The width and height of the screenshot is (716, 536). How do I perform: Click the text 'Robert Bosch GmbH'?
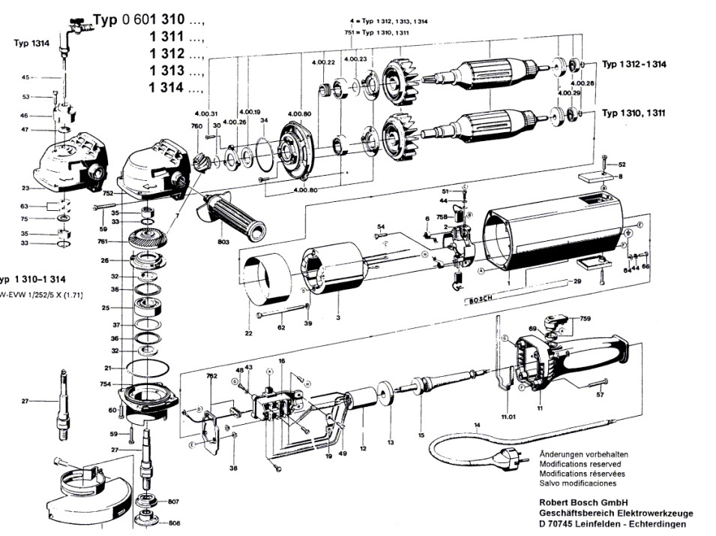[583, 502]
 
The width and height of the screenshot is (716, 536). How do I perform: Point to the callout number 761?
[102, 242]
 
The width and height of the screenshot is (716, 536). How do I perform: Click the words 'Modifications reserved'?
[575, 465]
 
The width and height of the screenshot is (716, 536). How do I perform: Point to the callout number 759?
[586, 318]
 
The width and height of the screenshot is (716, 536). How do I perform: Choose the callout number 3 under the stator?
[337, 319]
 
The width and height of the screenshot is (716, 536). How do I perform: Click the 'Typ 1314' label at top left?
[31, 44]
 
